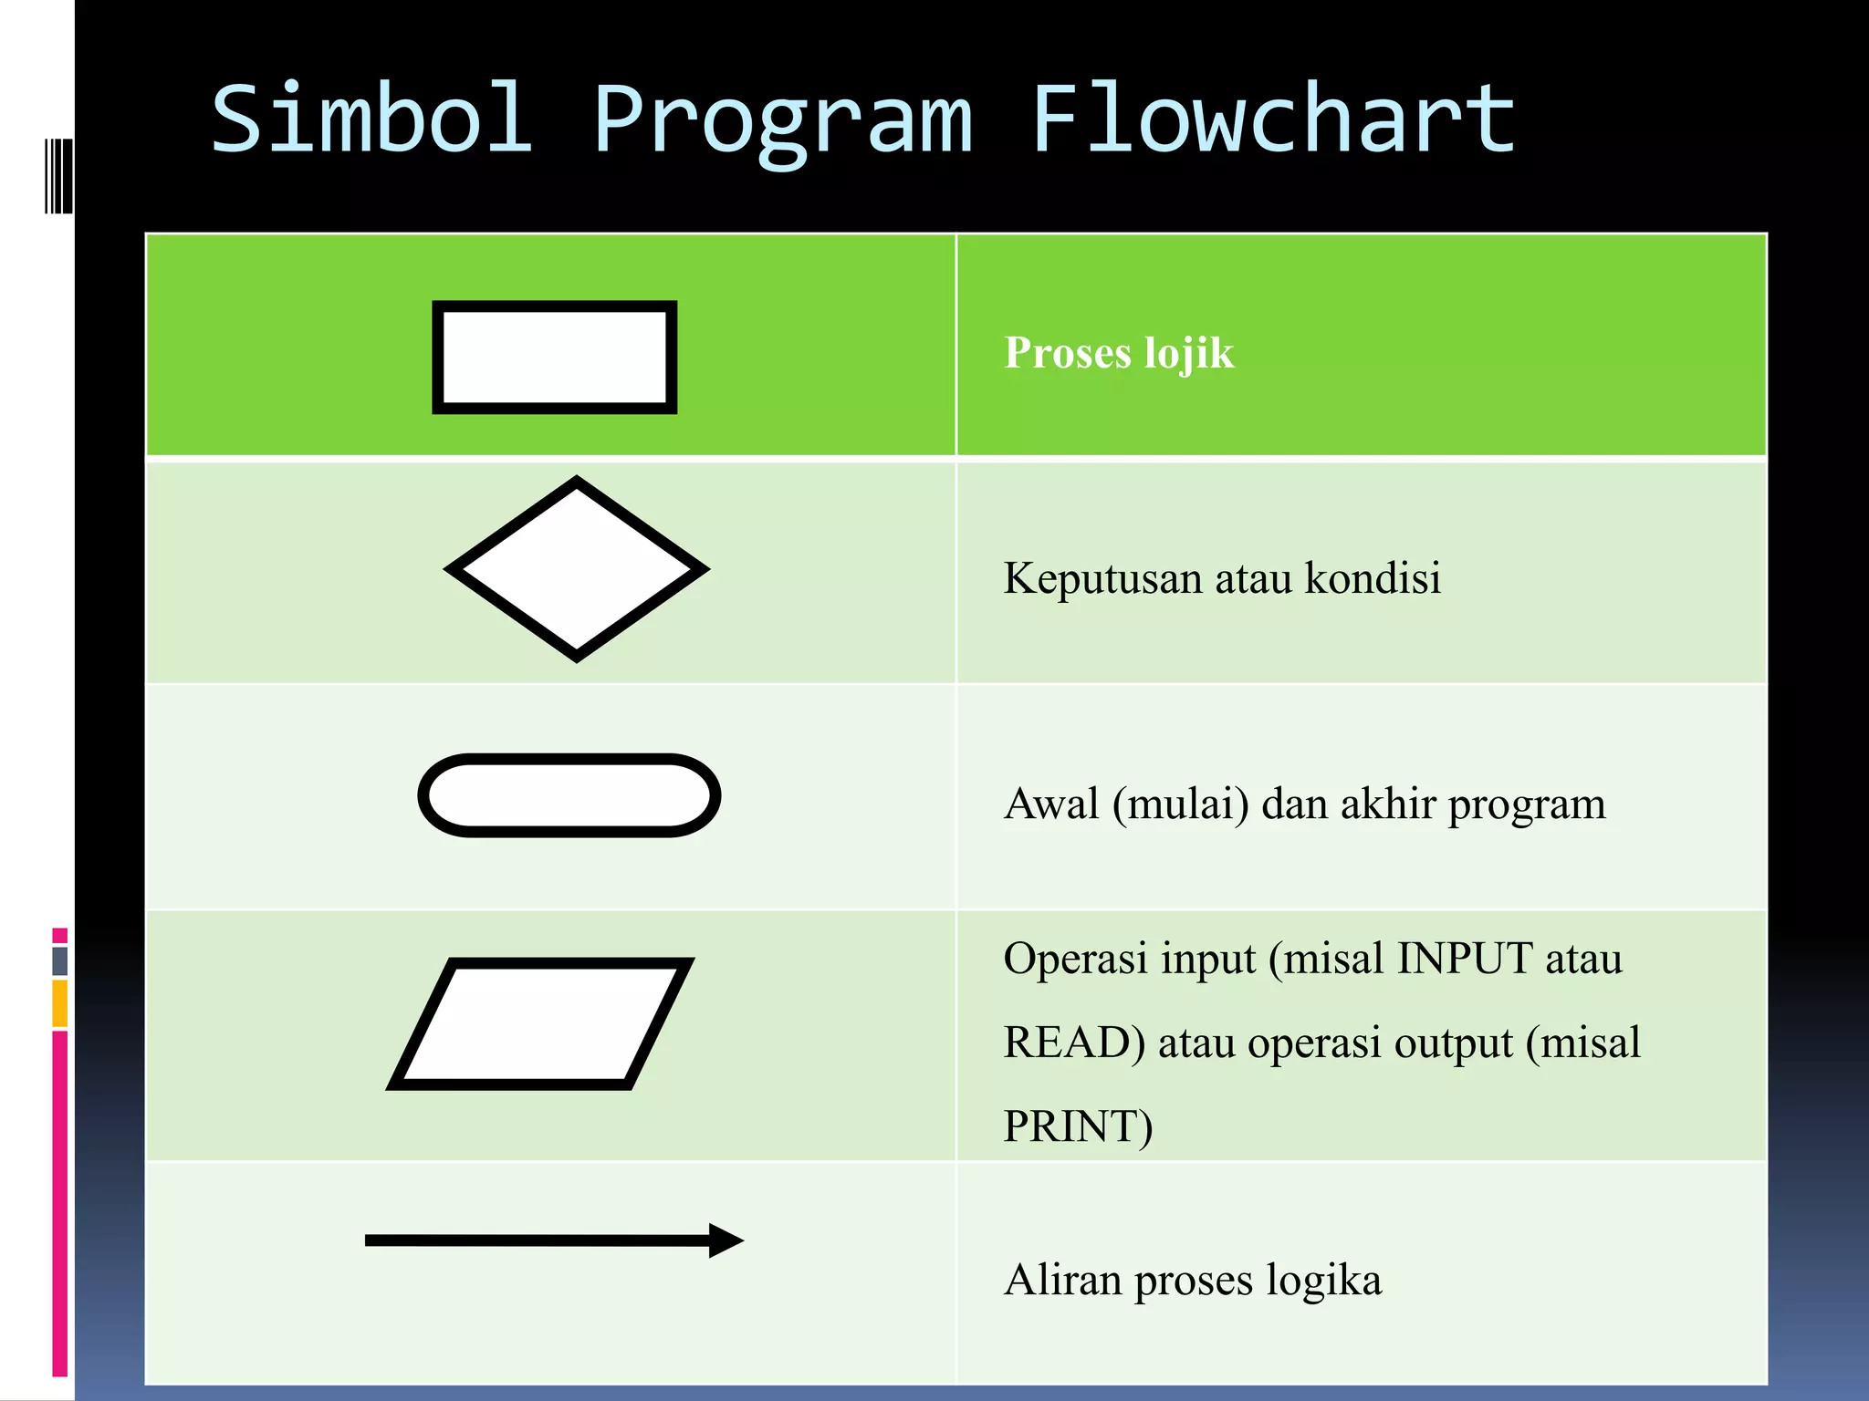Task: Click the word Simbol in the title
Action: click(x=371, y=119)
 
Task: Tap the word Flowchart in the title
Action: click(x=1273, y=119)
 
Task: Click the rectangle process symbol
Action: click(x=554, y=357)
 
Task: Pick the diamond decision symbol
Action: click(x=577, y=568)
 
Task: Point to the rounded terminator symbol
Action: click(x=569, y=795)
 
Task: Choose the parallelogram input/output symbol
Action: click(x=540, y=1023)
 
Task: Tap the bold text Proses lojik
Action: click(x=1119, y=353)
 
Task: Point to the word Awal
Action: click(x=1051, y=804)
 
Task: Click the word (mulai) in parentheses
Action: click(x=1180, y=805)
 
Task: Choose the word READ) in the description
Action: click(x=1073, y=1043)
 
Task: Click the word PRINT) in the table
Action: click(x=1078, y=1126)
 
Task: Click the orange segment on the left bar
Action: click(x=60, y=1003)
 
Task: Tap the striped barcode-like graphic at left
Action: click(x=58, y=176)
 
